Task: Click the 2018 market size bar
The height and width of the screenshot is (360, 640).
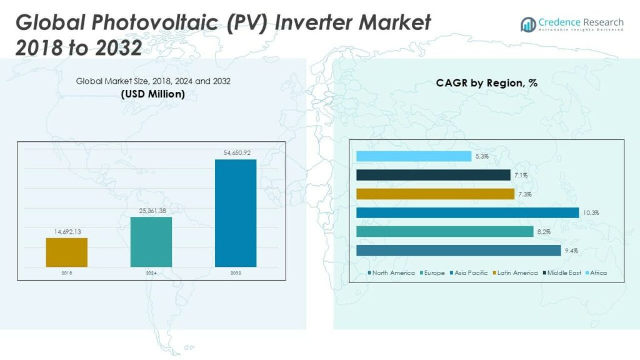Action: [x=66, y=252]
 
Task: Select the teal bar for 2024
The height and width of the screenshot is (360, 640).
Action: [x=151, y=242]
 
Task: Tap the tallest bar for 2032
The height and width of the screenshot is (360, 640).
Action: [x=236, y=213]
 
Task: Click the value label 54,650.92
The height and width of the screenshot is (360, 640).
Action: [x=236, y=152]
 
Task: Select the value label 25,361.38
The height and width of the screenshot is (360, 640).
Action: [x=151, y=211]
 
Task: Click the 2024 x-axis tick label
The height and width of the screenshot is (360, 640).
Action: [x=151, y=273]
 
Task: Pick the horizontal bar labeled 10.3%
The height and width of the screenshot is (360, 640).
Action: [x=467, y=212]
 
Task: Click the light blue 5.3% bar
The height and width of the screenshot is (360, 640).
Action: [x=414, y=156]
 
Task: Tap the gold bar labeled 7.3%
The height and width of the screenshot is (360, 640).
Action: [x=434, y=194]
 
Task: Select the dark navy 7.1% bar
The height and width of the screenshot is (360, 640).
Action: [x=433, y=175]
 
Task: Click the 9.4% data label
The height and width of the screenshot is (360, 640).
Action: [x=571, y=251]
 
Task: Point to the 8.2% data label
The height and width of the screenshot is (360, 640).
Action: [x=543, y=232]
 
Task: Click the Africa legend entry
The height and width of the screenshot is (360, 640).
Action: [x=594, y=272]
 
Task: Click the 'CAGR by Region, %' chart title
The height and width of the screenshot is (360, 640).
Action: [x=487, y=82]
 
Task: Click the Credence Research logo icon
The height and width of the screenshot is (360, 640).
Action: [x=528, y=24]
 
